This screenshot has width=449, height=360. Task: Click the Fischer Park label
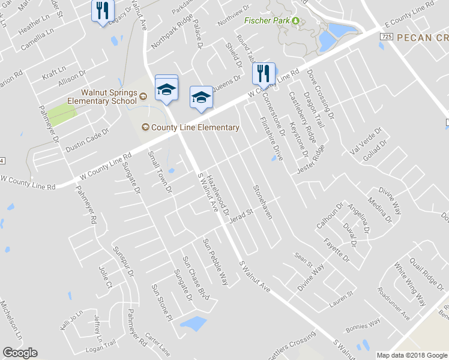[267, 20]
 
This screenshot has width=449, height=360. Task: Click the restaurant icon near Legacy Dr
[102, 11]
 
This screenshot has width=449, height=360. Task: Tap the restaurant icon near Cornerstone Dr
[263, 74]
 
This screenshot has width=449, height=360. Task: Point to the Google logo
[20, 353]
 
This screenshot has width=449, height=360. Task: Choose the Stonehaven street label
[262, 201]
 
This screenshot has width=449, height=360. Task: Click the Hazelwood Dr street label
[218, 195]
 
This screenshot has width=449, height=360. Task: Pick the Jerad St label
[243, 214]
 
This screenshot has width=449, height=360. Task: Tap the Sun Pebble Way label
[215, 262]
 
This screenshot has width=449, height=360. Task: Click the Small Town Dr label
[160, 172]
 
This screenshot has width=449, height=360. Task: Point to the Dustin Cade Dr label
[88, 140]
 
